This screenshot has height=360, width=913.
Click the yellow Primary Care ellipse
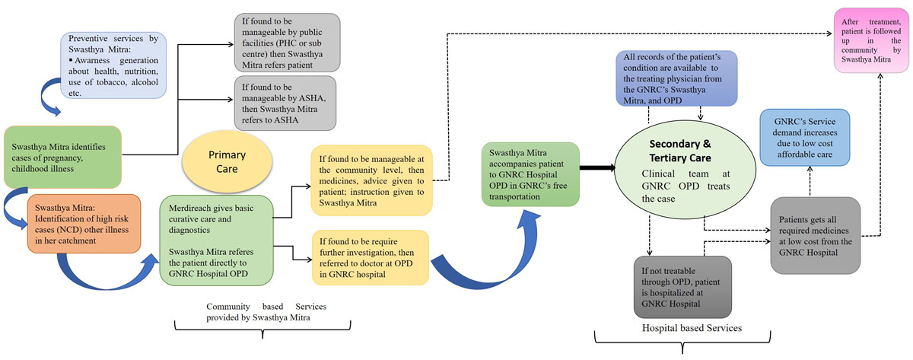227,158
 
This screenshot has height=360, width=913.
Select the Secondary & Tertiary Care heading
681,151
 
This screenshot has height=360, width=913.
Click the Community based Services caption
261,311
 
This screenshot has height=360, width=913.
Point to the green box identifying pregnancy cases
62,157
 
